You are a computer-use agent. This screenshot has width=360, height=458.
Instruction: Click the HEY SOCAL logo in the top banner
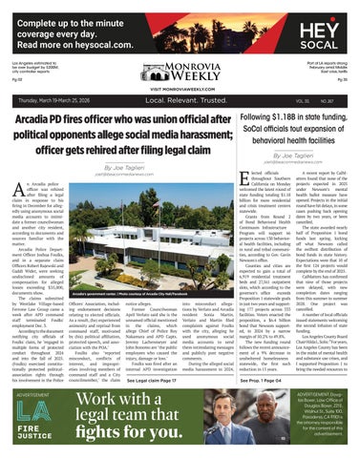click(328, 19)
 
